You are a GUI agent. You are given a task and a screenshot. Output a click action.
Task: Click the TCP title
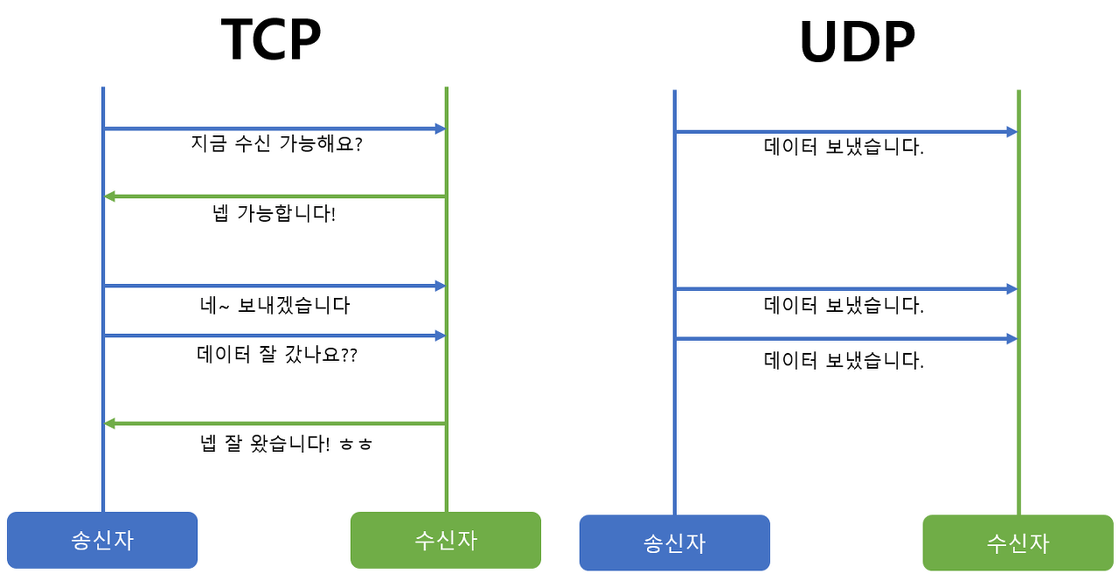coord(271,39)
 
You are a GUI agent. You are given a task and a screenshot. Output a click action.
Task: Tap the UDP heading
coord(857,42)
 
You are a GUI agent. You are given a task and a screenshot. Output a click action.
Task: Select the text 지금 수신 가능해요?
coord(276,144)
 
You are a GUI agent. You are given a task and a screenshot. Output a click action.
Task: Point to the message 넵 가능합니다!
coord(274,213)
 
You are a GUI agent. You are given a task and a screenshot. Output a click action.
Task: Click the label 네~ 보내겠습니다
coord(275,306)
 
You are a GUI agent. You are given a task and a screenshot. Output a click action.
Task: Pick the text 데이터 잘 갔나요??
coord(277,355)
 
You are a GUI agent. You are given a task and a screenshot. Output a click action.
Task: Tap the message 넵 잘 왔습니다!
coord(265,444)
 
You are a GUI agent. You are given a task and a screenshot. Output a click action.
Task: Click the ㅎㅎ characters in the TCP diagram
coord(357,445)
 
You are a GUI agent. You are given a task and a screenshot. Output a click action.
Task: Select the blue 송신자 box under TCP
coord(102,540)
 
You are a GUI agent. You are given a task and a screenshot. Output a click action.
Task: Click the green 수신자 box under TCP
coord(446,540)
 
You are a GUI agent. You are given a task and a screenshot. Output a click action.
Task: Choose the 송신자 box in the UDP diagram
coord(674,543)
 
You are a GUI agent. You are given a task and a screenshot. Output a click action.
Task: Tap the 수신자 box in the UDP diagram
coord(1018,543)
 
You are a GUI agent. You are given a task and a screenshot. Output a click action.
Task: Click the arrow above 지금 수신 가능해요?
coord(275,128)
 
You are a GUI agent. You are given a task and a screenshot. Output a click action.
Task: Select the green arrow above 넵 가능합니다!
coord(275,197)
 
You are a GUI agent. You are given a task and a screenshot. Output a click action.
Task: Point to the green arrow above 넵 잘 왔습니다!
coord(275,424)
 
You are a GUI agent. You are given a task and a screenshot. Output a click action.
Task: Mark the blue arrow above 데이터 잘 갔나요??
coord(275,335)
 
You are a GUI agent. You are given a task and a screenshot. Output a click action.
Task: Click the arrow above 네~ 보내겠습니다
coord(275,286)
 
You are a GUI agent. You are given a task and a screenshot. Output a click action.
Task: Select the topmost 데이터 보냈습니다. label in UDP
coord(844,148)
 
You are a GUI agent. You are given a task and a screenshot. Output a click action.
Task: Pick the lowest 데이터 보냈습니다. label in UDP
coord(844,360)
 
